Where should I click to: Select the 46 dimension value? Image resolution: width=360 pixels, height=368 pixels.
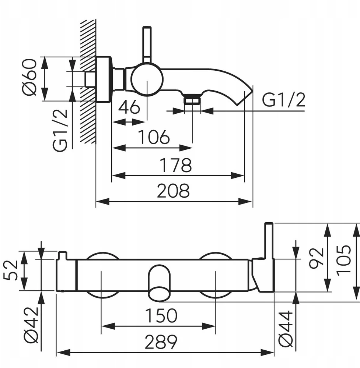(129, 107)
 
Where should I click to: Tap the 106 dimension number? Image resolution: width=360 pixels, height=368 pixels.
(154, 137)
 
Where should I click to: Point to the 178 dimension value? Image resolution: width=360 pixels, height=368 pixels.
(176, 165)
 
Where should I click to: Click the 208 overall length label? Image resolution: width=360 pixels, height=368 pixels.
(173, 191)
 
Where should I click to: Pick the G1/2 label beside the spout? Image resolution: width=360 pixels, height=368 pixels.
(284, 100)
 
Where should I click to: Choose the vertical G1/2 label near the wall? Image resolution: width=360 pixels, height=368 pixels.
(60, 130)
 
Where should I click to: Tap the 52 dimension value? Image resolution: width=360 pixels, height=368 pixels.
(11, 270)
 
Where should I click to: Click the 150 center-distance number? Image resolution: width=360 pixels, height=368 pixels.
(161, 316)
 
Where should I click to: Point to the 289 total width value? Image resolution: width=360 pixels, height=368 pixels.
(161, 342)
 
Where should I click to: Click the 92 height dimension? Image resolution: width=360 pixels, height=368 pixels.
(316, 258)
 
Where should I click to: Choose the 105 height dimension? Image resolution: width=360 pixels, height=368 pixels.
(343, 259)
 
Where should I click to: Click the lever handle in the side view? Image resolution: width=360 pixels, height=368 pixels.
(147, 45)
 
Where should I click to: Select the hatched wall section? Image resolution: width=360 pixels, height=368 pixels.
(88, 81)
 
